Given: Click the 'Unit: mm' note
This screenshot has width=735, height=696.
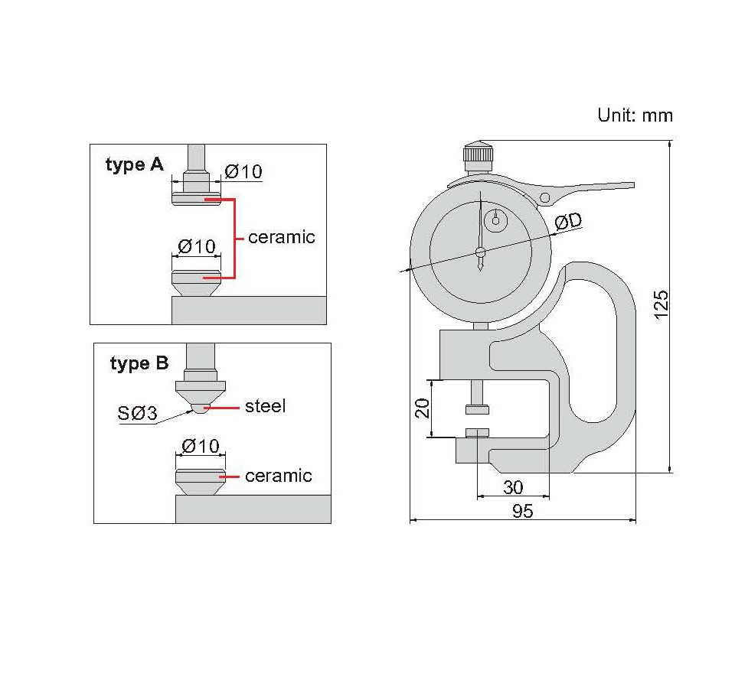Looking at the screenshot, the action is [635, 115].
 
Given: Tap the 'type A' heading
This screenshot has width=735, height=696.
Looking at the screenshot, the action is [135, 165].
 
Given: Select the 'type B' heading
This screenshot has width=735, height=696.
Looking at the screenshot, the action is [139, 363].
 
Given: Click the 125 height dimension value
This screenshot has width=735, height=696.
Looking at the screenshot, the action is [661, 305].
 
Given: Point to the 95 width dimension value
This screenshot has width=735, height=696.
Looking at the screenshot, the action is [523, 511].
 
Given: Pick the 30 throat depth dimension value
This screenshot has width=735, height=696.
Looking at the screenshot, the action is [513, 487].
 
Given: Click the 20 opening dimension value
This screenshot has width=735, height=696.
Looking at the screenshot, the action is [423, 408].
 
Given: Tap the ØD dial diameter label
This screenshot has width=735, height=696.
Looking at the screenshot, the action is [568, 221].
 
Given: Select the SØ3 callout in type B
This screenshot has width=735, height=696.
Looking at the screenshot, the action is [137, 413].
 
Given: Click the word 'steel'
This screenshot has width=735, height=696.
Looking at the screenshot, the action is [266, 406].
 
